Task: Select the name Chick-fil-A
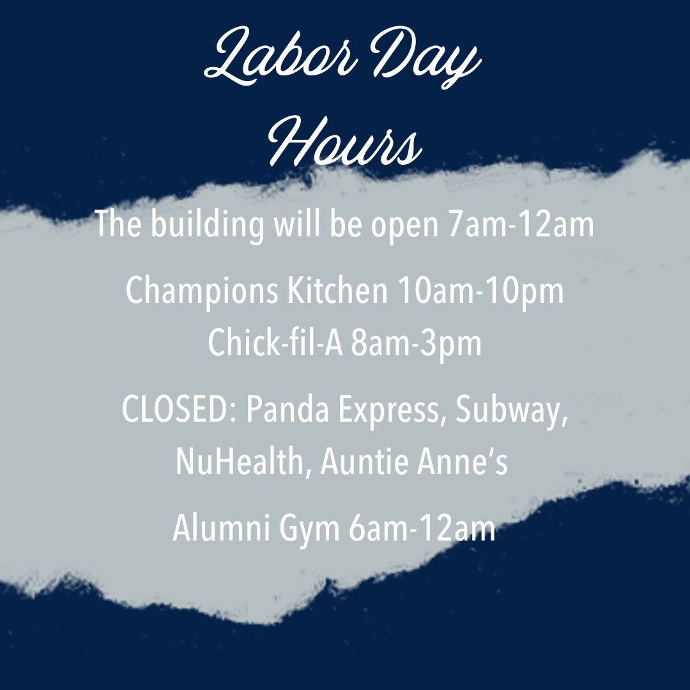(275, 343)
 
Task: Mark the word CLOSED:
(178, 411)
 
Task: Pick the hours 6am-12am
(422, 530)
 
